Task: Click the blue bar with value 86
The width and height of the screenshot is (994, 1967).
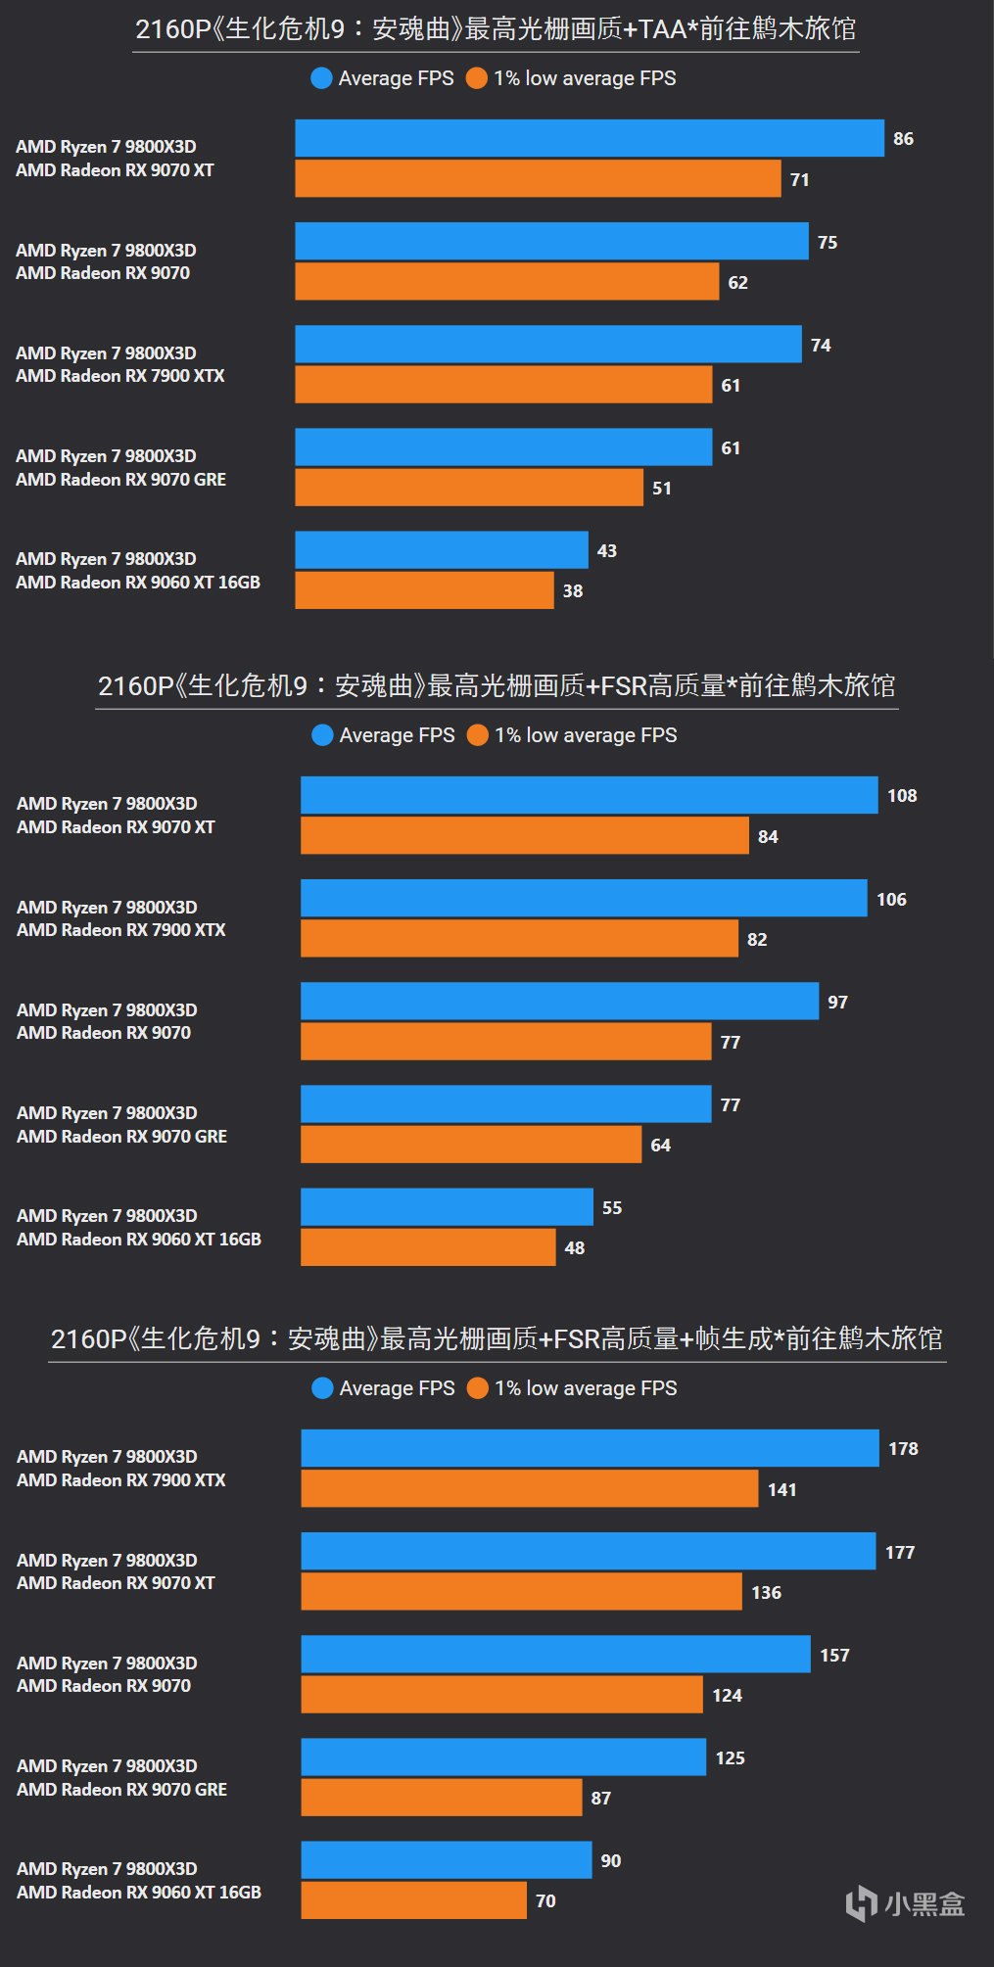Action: click(589, 138)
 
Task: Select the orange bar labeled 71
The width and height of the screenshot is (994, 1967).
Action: click(538, 179)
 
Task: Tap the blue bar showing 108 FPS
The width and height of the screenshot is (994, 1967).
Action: click(589, 795)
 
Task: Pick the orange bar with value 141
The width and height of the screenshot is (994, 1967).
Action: click(529, 1488)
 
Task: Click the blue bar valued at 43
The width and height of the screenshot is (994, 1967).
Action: click(441, 550)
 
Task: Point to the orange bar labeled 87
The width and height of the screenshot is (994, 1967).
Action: click(441, 1798)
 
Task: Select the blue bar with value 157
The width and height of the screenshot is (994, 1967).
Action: click(555, 1655)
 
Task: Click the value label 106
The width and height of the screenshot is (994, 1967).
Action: click(891, 899)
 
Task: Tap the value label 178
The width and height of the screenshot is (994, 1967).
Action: click(903, 1448)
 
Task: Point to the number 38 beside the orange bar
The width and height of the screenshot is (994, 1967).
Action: click(573, 591)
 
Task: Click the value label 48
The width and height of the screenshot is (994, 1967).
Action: click(575, 1248)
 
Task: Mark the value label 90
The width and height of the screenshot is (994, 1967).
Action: click(611, 1860)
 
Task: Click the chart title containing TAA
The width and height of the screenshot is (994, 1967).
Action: click(496, 29)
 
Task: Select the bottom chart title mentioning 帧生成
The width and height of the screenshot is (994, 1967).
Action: click(497, 1338)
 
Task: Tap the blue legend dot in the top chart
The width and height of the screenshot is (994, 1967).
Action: click(321, 78)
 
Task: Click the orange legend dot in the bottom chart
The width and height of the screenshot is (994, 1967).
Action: click(478, 1388)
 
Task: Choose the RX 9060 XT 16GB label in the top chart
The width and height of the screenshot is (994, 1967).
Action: click(138, 583)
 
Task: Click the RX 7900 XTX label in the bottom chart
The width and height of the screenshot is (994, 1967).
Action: click(121, 1480)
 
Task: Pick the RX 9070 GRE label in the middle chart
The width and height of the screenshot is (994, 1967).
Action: click(122, 1137)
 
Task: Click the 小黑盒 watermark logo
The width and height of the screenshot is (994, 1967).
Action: click(905, 1903)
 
